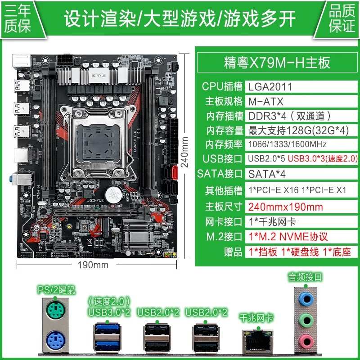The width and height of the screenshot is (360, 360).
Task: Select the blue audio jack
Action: [x=306, y=298]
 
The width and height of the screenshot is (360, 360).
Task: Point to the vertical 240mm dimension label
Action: [x=184, y=151]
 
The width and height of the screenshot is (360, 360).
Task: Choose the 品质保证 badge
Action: [x=342, y=18]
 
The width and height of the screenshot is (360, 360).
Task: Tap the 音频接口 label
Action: [x=305, y=277]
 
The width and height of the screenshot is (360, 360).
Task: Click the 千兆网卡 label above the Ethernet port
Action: [x=257, y=318]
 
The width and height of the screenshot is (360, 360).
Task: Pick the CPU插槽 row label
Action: [x=222, y=86]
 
